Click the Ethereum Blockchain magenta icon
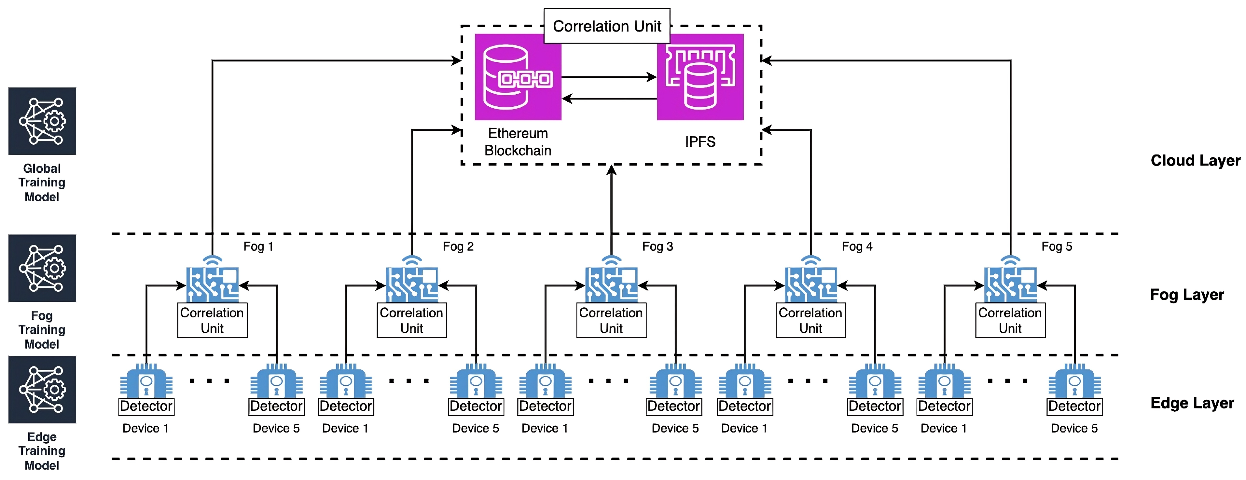pos(518,77)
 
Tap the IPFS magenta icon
pos(700,77)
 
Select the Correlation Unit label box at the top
pos(607,26)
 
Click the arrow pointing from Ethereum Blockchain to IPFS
pos(609,77)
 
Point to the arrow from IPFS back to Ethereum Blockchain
pos(609,99)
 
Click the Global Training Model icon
pos(42,121)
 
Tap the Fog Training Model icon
pos(42,268)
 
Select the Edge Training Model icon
pos(42,390)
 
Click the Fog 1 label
pos(258,247)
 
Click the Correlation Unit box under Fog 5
pos(1010,320)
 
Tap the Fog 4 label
pos(857,247)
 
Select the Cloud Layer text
pos(1195,160)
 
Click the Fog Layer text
pos(1187,295)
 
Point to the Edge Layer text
pos(1192,403)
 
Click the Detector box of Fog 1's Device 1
pos(146,406)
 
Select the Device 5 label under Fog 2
pos(476,428)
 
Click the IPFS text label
pos(700,142)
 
